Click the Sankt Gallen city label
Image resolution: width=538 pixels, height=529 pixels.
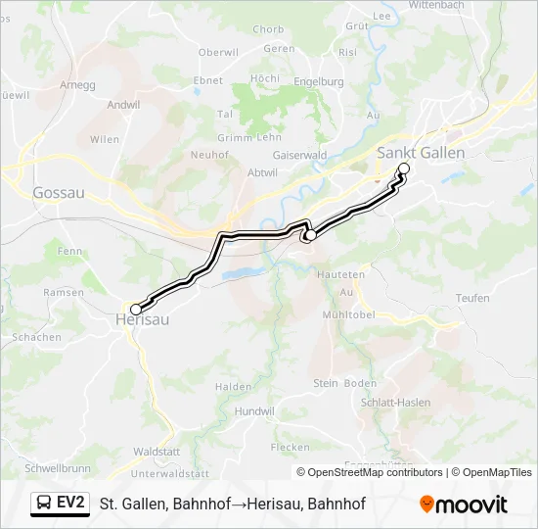pos(421,153)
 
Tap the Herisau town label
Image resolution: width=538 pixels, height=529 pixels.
pos(142,319)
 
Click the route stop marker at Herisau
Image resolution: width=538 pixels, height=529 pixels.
pos(135,309)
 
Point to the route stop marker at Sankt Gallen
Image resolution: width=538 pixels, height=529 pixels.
pos(404,168)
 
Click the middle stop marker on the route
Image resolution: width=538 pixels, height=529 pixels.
pos(309,235)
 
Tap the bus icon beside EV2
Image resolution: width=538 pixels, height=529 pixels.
pos(44,504)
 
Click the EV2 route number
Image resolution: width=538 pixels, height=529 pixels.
pos(70,504)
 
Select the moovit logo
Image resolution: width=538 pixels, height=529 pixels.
pos(464,505)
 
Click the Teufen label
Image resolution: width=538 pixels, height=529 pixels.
pos(472,298)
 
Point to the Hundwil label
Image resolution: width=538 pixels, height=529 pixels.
pos(254,412)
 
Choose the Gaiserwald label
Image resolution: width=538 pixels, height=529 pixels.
pos(300,154)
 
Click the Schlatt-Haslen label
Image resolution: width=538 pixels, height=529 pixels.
pos(395,403)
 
